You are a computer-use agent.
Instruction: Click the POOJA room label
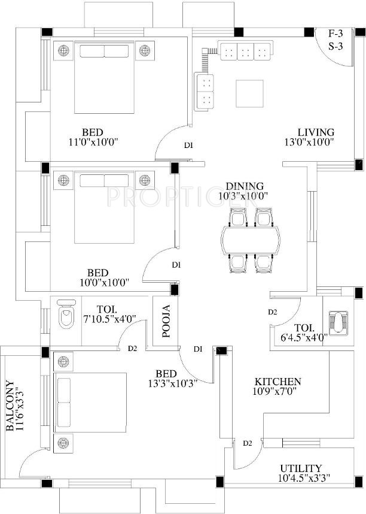tap(166, 321)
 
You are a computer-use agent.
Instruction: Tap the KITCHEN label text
tap(278, 382)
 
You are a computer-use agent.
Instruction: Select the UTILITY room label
tap(300, 468)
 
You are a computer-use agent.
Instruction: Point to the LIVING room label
tap(316, 132)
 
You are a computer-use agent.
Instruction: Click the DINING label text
tap(245, 186)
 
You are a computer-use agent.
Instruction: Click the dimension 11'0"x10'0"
tap(93, 142)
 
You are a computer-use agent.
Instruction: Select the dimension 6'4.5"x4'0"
tap(303, 337)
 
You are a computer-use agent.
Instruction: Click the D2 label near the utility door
tap(248, 443)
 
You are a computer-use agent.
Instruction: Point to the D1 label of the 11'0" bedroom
tap(188, 145)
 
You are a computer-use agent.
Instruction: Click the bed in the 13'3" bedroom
tap(91, 401)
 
